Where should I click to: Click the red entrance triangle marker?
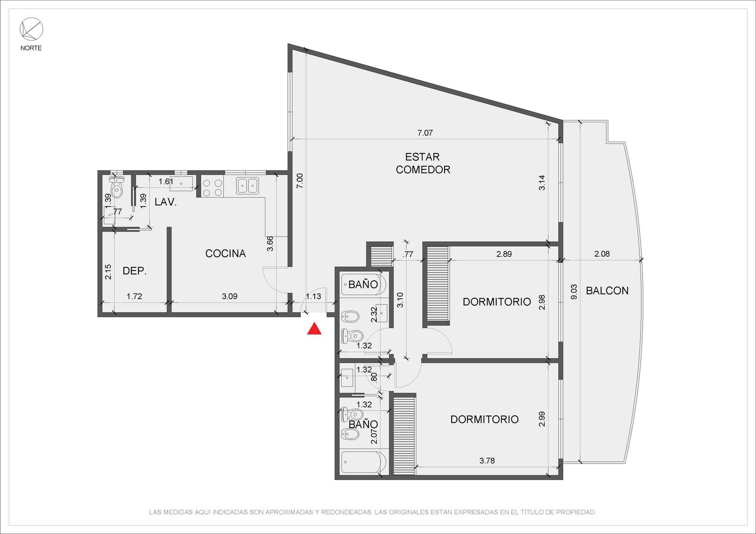tap(314, 329)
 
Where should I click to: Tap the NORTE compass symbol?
tap(31, 29)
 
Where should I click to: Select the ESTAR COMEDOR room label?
tap(423, 163)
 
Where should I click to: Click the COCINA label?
tap(225, 253)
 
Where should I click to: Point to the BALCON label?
tap(607, 291)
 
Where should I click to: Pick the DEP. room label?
tap(134, 271)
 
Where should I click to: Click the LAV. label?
tap(166, 202)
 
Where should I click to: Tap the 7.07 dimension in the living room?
tap(425, 133)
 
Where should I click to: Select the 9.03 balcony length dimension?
tap(574, 292)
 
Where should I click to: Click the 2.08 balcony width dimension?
tap(602, 254)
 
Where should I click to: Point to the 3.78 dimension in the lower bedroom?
tap(487, 460)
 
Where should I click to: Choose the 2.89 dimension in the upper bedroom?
tap(504, 254)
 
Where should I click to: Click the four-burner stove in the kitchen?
tap(213, 187)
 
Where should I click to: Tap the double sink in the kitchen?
tap(248, 185)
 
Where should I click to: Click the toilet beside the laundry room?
tap(117, 187)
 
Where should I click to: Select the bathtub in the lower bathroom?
tap(363, 463)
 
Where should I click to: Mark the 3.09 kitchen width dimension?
tap(230, 296)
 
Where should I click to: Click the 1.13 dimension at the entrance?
tap(313, 296)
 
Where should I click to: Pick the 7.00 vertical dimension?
tap(300, 181)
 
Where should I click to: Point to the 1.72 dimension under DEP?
tap(134, 296)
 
